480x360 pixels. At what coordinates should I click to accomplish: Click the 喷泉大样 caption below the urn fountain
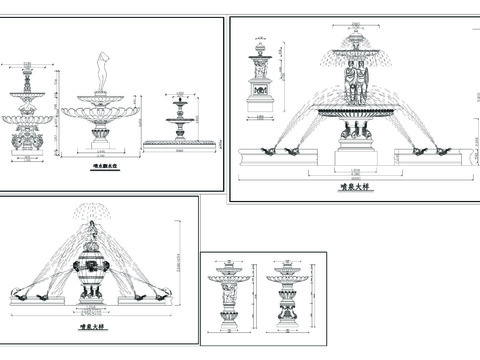coord(92,324)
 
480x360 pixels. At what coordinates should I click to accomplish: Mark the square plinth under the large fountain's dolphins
coord(355,148)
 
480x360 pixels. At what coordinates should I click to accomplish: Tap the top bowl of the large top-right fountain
coord(355,45)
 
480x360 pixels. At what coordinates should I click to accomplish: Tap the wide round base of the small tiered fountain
coord(180,145)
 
